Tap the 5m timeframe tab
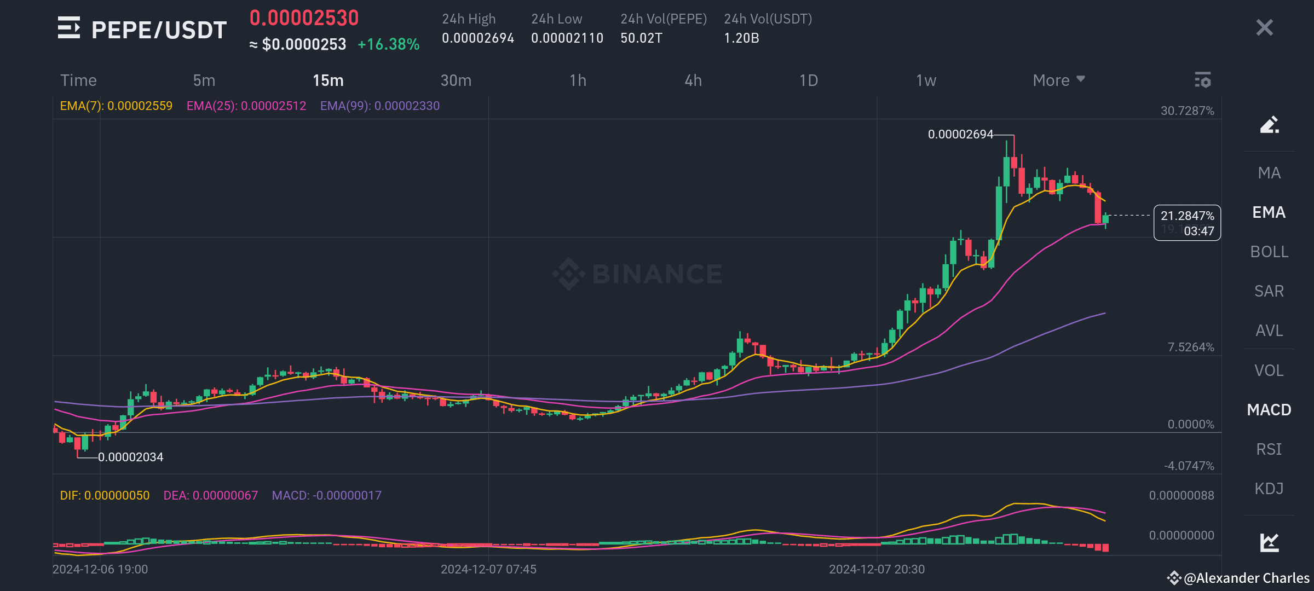[x=204, y=80]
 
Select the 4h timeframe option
[x=693, y=80]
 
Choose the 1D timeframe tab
[x=808, y=80]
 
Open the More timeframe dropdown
[x=1058, y=80]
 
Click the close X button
[x=1264, y=27]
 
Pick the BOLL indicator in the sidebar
[x=1269, y=252]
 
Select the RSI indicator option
[x=1269, y=449]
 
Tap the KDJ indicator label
[x=1269, y=489]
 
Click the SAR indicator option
[x=1269, y=291]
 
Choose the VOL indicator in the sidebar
[x=1269, y=370]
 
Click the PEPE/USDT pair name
[x=159, y=30]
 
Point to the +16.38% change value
[x=388, y=44]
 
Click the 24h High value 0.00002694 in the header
[x=477, y=38]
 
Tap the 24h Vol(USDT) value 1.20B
[x=741, y=38]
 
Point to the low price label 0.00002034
[x=130, y=457]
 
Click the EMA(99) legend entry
[x=379, y=106]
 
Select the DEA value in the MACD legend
[x=210, y=495]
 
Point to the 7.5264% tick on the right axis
[x=1190, y=347]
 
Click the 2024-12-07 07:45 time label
[x=488, y=569]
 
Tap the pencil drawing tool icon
[x=1269, y=125]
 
